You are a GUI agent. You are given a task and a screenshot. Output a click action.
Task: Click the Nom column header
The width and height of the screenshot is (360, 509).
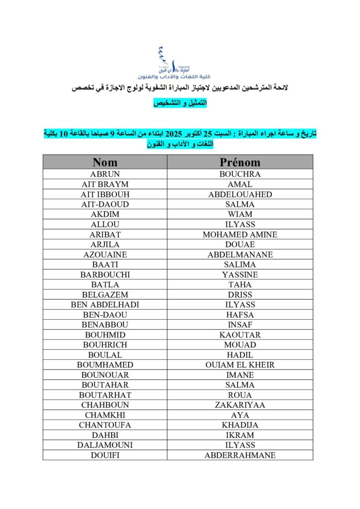pos(105,162)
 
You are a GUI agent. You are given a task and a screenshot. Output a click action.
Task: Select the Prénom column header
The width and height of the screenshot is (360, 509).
pos(240,162)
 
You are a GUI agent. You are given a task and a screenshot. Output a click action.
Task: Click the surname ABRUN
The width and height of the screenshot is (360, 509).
pos(105,174)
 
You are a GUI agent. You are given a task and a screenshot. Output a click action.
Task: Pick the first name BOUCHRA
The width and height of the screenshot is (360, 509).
pos(240,174)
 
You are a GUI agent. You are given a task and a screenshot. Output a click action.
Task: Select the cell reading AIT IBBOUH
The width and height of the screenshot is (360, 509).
pos(105,194)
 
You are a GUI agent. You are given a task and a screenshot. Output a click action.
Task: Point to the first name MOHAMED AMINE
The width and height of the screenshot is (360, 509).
pos(240,235)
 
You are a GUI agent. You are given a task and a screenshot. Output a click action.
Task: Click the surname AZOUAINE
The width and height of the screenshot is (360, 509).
pos(105,254)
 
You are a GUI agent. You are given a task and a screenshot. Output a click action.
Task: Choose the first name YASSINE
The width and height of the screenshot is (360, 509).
pos(240,274)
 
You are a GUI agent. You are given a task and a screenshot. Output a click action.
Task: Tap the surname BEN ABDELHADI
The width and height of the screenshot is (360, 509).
pos(105,305)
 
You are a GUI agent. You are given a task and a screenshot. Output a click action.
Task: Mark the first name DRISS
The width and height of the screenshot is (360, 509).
pos(240,295)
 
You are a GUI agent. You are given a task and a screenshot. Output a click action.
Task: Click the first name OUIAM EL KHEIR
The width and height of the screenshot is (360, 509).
pos(240,365)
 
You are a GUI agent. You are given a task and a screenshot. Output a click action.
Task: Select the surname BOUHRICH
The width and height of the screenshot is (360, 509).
pos(105,344)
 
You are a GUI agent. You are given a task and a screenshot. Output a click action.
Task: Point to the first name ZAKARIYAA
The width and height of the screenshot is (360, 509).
pos(240,405)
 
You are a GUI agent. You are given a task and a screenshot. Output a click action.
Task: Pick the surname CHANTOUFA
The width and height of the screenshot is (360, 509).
pos(105,425)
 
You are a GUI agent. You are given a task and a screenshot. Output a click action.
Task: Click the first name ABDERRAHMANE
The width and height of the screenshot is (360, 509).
pos(240,455)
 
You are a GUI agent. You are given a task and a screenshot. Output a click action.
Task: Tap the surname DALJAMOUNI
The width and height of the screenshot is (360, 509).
pos(105,445)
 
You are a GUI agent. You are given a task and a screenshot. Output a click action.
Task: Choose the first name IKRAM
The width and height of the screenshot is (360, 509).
pos(240,435)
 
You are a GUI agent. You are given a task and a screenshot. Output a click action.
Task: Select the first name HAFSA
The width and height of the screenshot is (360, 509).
pos(240,315)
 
